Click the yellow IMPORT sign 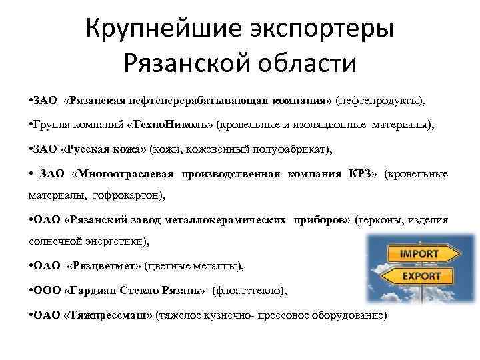click(x=417, y=253)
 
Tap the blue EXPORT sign click(x=421, y=275)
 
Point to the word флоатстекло click(x=249, y=291)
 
